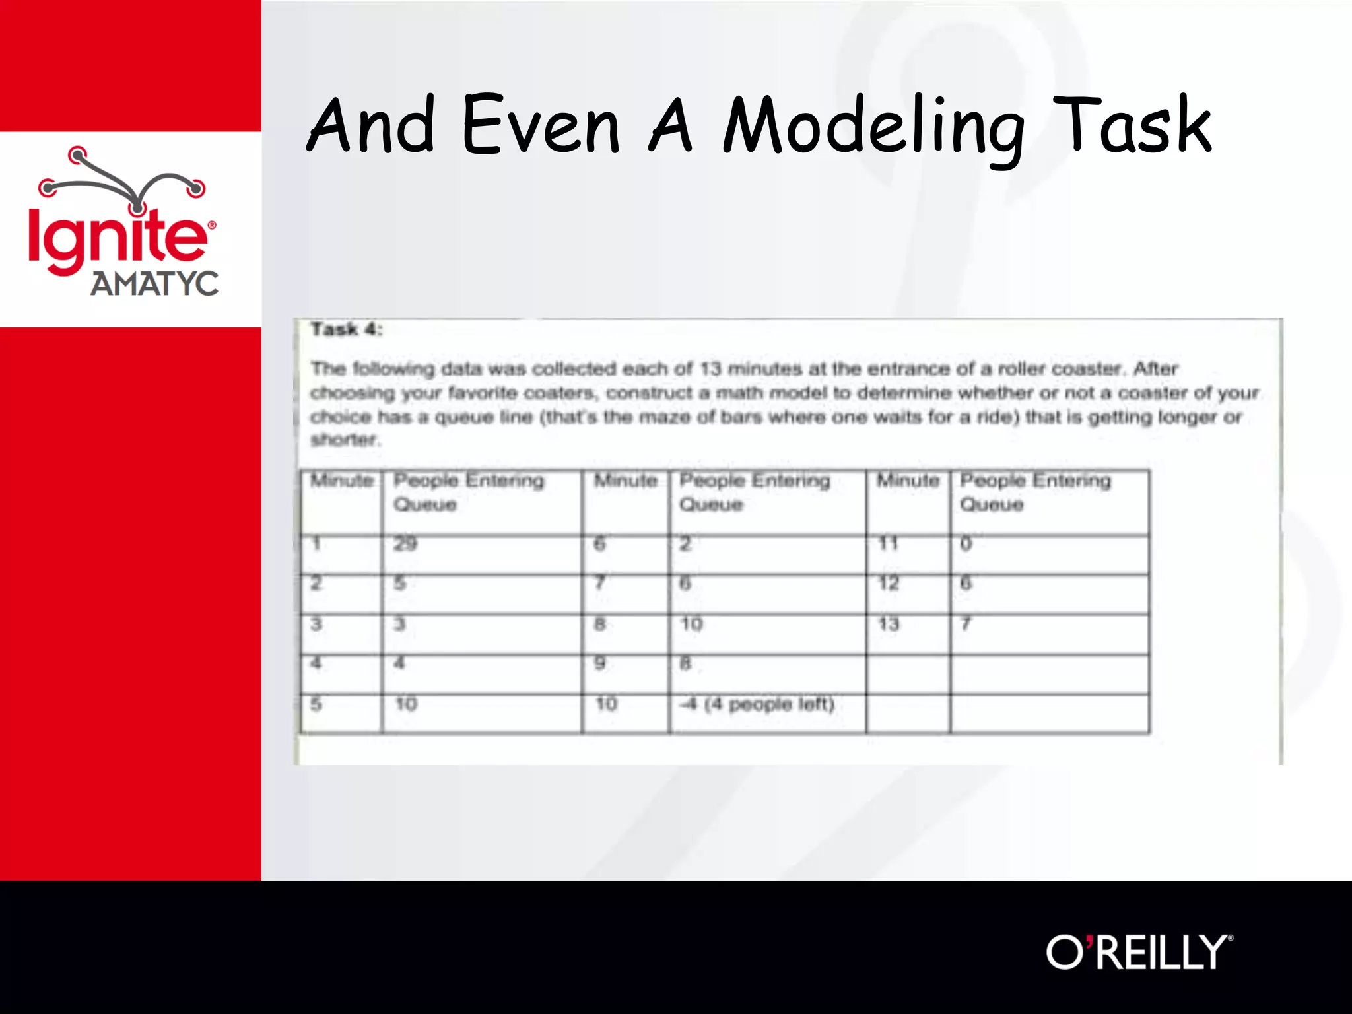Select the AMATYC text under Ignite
click(x=154, y=285)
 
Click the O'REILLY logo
click(x=1139, y=952)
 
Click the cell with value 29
click(x=405, y=544)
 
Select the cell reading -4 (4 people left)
click(x=758, y=704)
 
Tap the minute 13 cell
click(x=889, y=624)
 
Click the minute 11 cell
click(x=888, y=544)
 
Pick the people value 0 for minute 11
click(x=966, y=544)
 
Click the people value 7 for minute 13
click(x=966, y=624)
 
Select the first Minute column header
click(x=341, y=481)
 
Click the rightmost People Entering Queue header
click(x=1035, y=492)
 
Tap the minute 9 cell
click(x=599, y=663)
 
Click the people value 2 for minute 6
click(x=685, y=544)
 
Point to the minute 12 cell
click(x=889, y=584)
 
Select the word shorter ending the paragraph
click(x=344, y=440)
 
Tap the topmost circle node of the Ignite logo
click(x=78, y=155)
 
